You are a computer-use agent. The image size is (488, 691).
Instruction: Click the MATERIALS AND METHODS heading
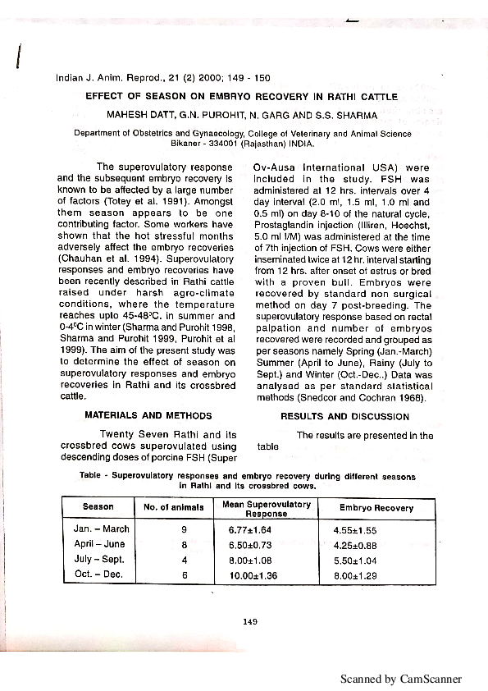click(x=148, y=416)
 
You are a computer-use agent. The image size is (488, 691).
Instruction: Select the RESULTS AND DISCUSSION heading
click(x=344, y=416)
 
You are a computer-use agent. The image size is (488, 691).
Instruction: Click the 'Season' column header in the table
click(x=98, y=507)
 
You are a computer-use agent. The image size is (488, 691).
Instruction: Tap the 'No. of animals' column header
click(x=174, y=508)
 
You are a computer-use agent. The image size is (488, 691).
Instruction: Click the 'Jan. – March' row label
click(x=102, y=529)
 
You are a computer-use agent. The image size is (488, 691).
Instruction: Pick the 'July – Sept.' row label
click(x=100, y=559)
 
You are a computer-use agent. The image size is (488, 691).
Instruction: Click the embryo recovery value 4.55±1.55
click(x=354, y=530)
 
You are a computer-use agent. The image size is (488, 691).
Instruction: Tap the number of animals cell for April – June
click(x=184, y=545)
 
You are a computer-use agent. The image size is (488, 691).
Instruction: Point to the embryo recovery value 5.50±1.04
click(x=354, y=560)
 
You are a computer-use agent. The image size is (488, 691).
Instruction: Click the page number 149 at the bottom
click(x=251, y=621)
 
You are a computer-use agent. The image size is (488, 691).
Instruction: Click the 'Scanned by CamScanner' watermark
click(x=402, y=679)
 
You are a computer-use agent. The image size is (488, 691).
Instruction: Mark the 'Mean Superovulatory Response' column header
click(x=266, y=508)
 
